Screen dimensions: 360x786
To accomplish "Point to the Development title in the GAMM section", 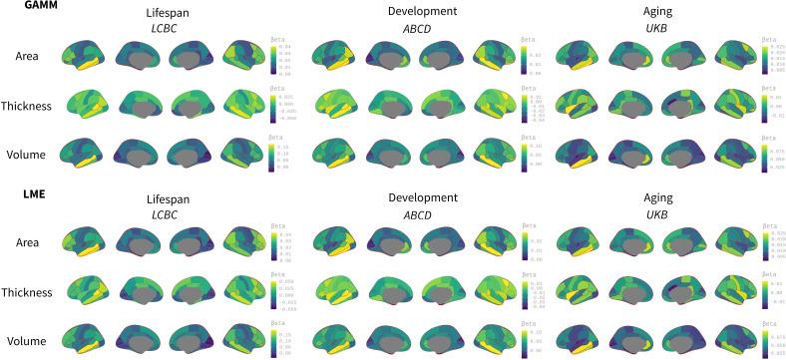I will pyautogui.click(x=422, y=10).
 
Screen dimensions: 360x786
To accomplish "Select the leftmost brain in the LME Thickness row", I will pyautogui.click(x=85, y=293).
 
